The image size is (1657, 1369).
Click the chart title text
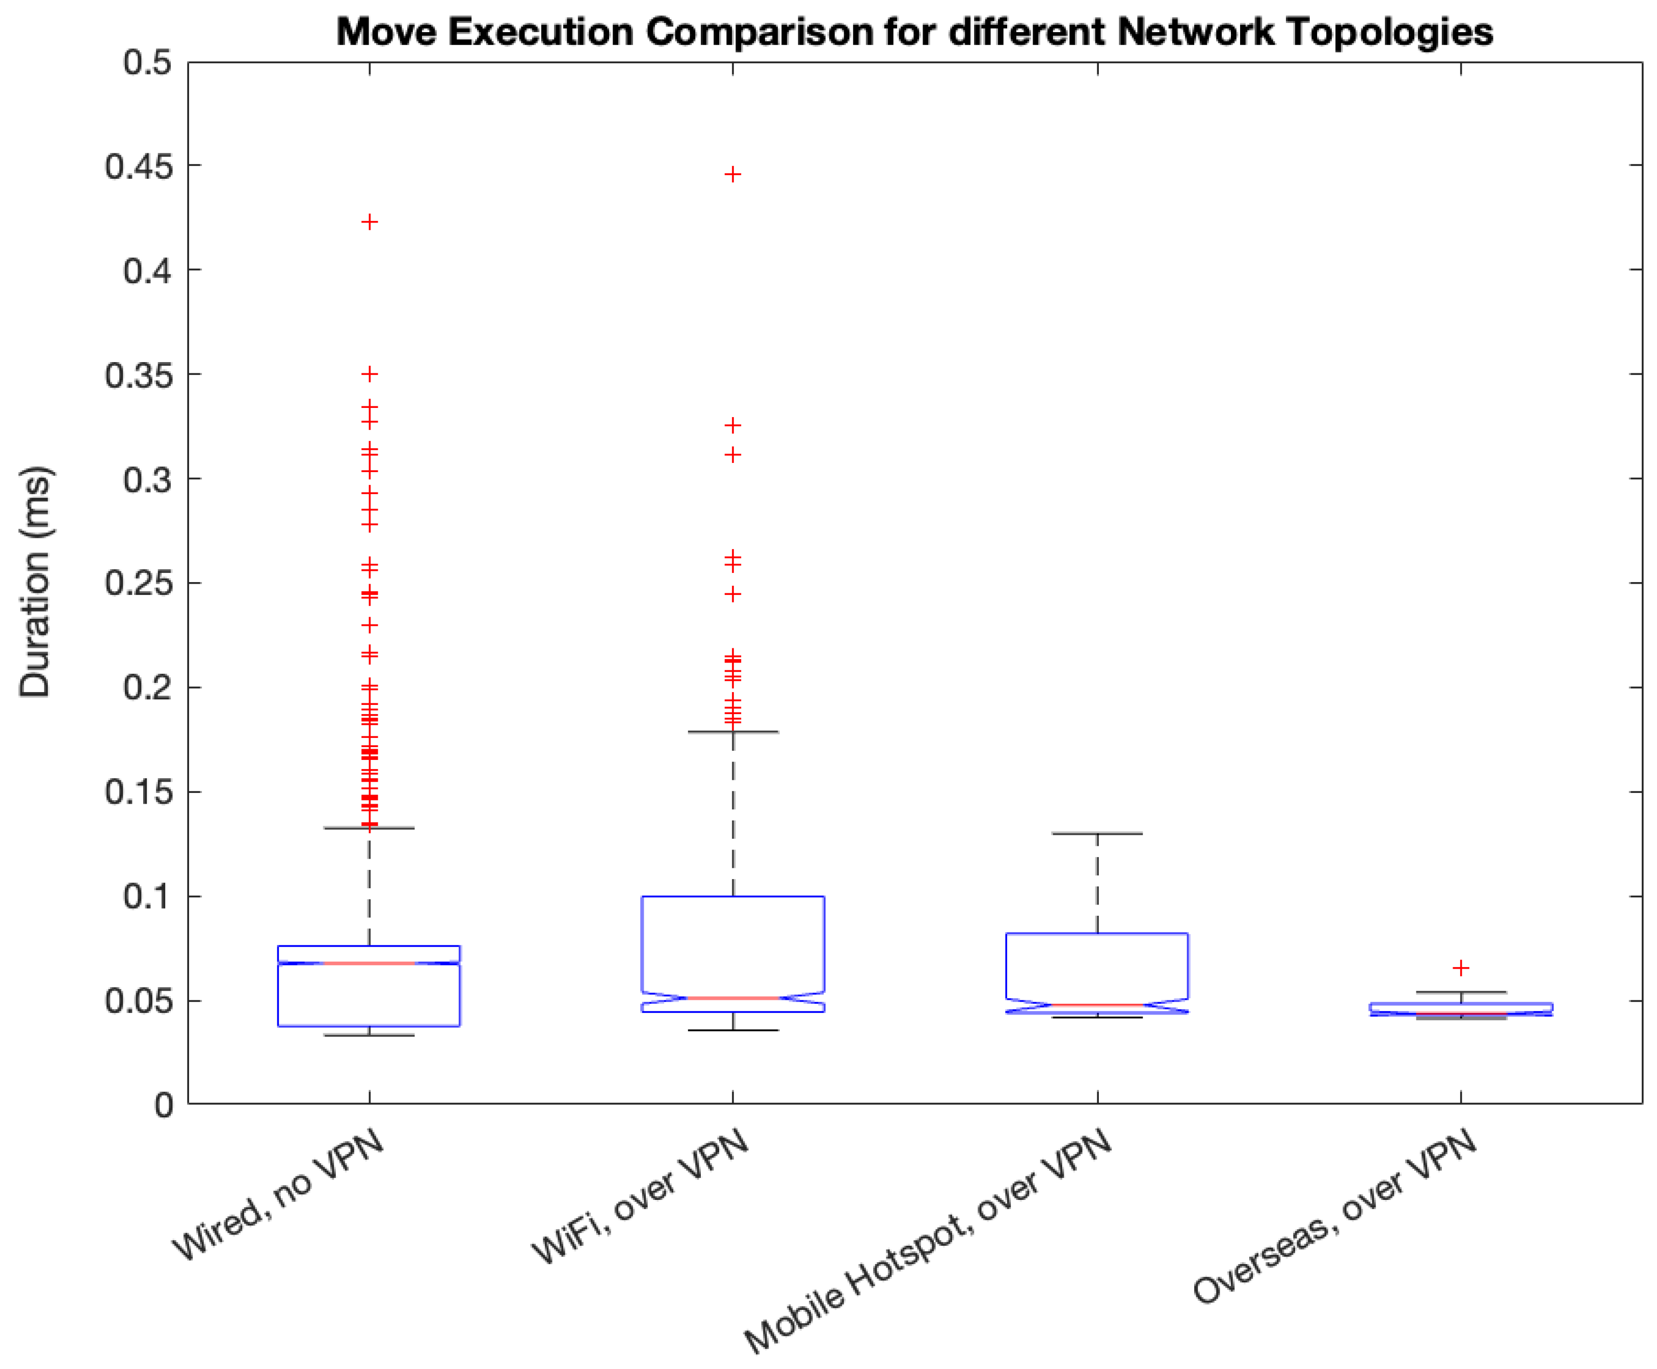(x=914, y=32)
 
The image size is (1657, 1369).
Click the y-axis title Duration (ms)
(x=36, y=582)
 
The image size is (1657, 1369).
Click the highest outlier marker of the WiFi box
(x=733, y=174)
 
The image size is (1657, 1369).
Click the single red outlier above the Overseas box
(x=1461, y=968)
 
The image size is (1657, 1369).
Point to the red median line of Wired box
(x=370, y=963)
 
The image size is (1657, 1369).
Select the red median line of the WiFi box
(x=733, y=998)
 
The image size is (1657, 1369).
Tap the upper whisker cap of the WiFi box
(x=733, y=732)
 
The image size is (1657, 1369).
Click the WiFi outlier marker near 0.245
(x=733, y=594)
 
